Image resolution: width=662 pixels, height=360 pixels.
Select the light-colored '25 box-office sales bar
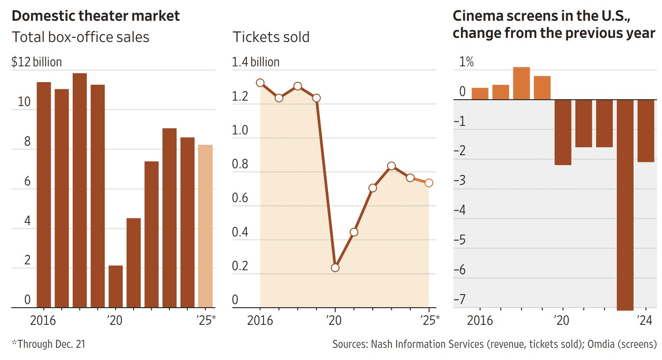205,226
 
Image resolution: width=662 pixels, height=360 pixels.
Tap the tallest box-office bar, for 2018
79,190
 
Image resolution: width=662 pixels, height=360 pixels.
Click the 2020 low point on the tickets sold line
335,268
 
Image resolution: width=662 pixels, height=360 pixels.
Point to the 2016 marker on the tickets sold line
260,83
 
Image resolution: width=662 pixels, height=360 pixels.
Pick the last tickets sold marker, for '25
429,183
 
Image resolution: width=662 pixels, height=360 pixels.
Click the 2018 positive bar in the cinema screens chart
521,83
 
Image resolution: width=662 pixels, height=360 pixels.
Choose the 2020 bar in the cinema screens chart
563,132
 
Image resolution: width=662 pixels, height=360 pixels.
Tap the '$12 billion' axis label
37,62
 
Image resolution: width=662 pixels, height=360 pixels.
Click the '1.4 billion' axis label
255,62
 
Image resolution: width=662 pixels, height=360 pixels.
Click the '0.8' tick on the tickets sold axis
241,164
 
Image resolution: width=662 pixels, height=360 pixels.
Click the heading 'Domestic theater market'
96,16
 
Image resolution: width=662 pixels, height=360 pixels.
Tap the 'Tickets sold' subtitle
271,37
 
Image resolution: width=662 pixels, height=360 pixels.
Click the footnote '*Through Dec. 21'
48,344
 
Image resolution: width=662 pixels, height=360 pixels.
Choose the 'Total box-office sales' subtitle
80,37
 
